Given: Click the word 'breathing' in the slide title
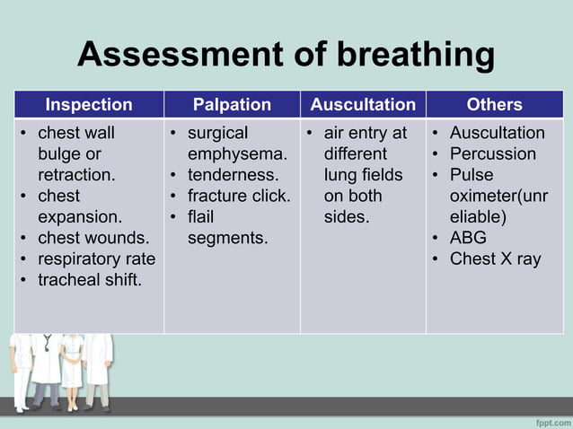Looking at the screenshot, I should coord(415,55).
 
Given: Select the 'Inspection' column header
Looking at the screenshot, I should coord(89,105).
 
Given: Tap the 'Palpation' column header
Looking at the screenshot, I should coord(232,105).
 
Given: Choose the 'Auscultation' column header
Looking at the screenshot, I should coord(363,105).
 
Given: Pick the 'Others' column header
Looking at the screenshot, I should coord(494,105).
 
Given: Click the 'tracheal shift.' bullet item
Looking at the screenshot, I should coord(89,280).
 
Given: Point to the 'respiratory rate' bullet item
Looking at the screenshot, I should coord(96,259).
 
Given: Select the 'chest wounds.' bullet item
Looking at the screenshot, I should coord(93,238).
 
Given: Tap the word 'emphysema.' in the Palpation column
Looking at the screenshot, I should coord(237,153).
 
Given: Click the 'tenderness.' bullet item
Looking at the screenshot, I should coord(233,175).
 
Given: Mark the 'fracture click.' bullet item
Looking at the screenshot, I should coord(238,196).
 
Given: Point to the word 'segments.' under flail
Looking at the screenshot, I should coord(227,238).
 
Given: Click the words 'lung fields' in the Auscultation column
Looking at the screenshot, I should coord(364,175).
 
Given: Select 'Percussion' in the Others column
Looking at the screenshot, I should coord(492,153).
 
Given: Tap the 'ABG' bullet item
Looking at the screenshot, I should coord(467,238).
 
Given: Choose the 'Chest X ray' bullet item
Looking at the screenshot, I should coord(495,259).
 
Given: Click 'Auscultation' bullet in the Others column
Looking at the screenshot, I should coord(497,133).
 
